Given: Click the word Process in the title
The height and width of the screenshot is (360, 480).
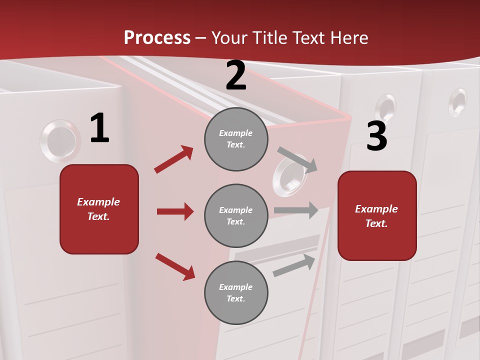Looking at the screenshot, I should click(157, 37).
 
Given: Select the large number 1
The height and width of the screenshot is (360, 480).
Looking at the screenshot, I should click(99, 128).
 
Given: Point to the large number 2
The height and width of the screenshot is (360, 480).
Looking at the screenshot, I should click(236, 76).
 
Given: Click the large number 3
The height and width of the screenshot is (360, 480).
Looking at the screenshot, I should click(376, 136).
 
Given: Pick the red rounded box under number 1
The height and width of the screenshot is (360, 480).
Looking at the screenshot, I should click(99, 209).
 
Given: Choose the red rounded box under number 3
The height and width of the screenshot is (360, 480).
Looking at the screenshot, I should click(377, 215).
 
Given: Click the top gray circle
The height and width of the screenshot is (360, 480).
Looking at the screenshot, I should click(236, 139).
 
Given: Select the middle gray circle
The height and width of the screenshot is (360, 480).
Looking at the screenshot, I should click(236, 215).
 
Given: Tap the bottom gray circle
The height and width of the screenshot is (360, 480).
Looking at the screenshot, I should click(236, 292).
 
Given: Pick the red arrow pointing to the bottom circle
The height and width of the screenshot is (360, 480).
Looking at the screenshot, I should click(175, 266).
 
